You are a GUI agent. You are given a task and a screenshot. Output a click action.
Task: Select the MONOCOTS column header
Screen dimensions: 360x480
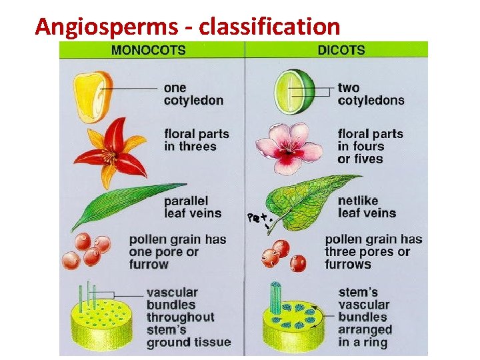point(148,49)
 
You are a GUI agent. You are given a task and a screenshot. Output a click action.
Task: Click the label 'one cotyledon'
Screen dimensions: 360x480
point(193,94)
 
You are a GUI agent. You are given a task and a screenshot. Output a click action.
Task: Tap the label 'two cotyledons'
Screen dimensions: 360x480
point(371,94)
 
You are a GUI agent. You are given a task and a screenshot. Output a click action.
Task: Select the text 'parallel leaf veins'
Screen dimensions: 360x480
point(193,207)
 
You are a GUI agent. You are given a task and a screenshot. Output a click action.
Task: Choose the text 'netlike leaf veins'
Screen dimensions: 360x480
point(366,207)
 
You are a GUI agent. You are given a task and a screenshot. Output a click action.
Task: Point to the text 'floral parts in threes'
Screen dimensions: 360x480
point(196,140)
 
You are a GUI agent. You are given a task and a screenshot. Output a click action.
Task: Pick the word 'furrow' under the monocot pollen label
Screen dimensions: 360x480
point(149,264)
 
